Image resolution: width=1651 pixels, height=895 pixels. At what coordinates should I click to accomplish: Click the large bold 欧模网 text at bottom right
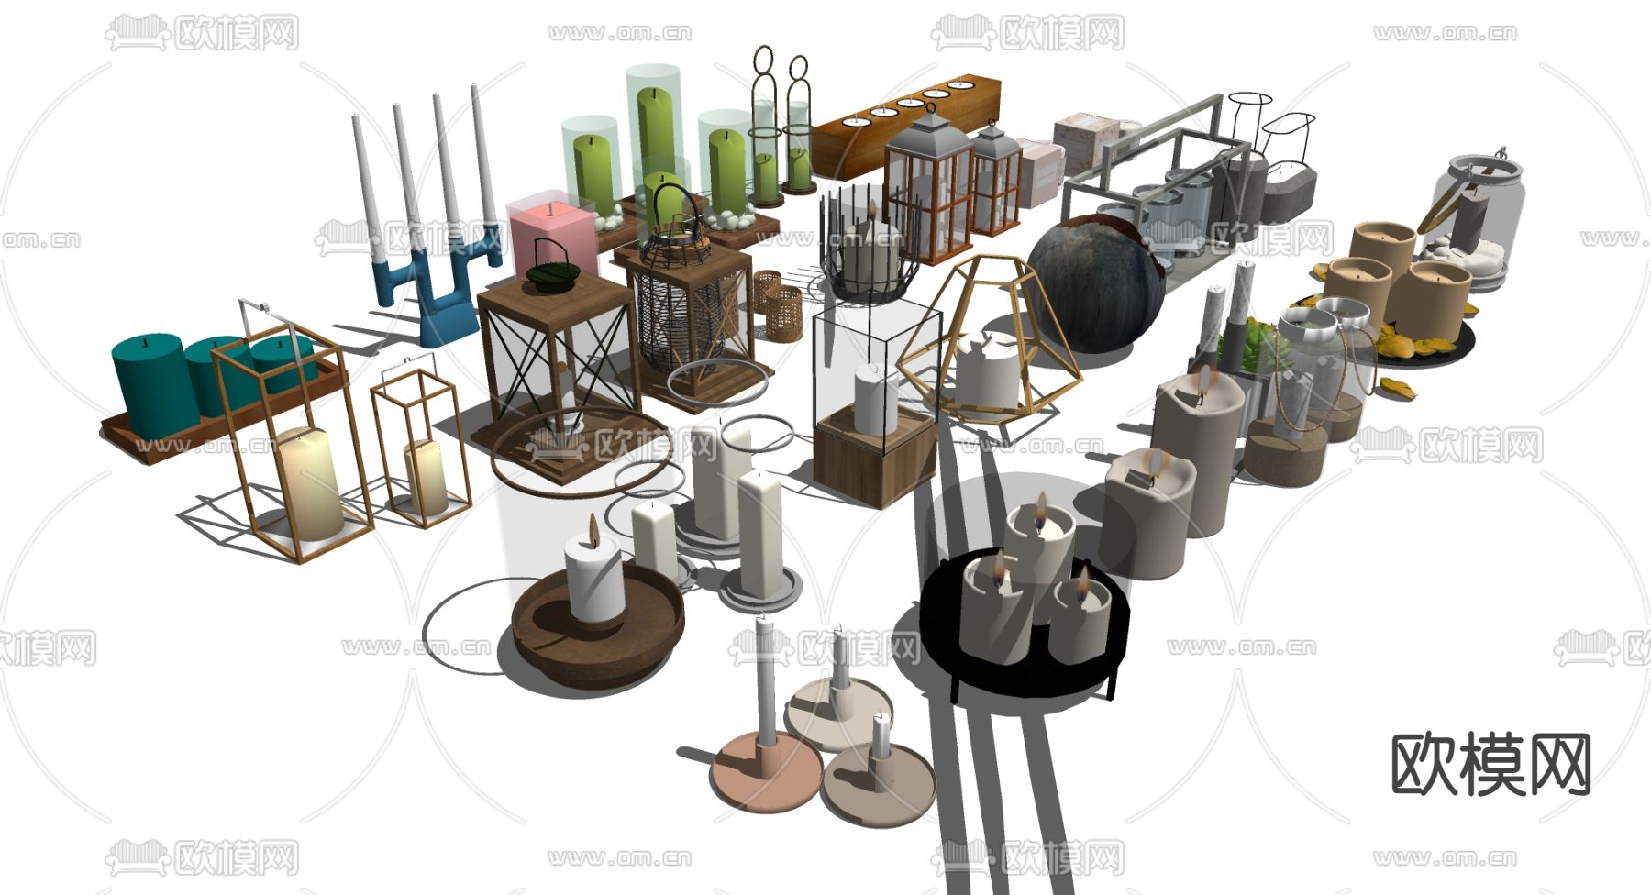point(1490,764)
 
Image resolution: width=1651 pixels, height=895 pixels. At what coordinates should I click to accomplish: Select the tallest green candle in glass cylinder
point(656,138)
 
